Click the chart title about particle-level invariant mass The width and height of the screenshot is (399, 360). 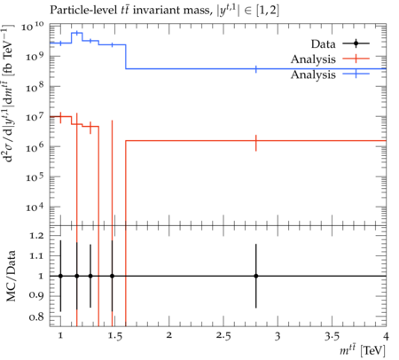(x=164, y=11)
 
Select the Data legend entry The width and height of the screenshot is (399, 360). (x=340, y=43)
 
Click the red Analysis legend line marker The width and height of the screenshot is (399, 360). (x=356, y=59)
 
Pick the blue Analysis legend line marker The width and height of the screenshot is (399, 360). (x=356, y=74)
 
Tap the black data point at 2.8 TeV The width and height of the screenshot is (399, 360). (x=256, y=276)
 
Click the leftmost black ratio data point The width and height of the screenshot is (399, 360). (x=60, y=276)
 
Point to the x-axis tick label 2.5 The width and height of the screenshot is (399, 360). (x=223, y=336)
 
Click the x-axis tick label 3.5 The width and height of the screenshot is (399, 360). (x=332, y=336)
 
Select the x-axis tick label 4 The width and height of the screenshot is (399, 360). (x=386, y=336)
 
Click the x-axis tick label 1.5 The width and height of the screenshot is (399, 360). (x=114, y=336)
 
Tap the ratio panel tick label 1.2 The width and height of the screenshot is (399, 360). (x=36, y=236)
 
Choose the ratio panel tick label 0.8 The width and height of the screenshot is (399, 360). (x=36, y=317)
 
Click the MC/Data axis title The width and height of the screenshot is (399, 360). (x=12, y=276)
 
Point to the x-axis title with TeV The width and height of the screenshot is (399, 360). (x=363, y=351)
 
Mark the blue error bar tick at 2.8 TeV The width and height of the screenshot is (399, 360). (x=256, y=69)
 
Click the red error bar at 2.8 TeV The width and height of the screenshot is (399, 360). (x=256, y=143)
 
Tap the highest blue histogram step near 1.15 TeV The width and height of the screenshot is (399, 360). (x=77, y=33)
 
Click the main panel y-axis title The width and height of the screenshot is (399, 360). (x=8, y=93)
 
